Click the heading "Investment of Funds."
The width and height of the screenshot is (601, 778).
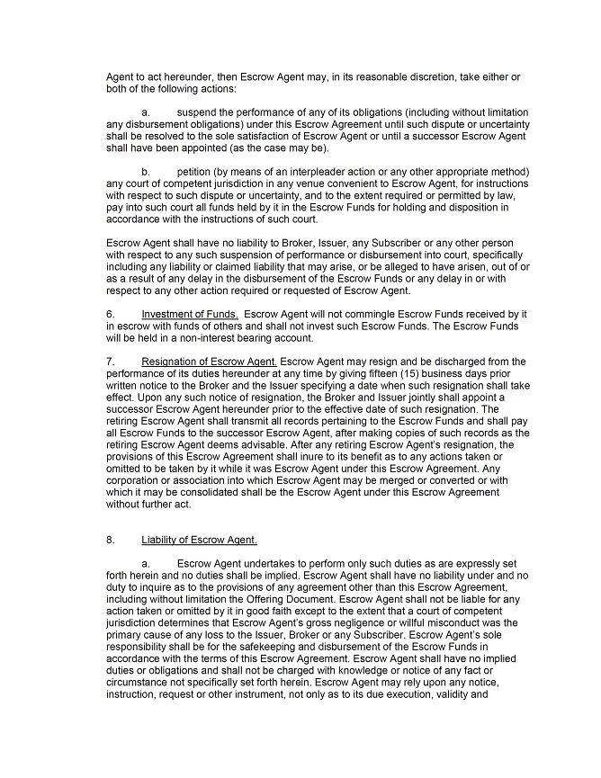(189, 313)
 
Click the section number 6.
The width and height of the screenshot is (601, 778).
(110, 313)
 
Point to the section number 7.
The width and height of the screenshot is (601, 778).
(110, 362)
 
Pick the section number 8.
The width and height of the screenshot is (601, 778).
(110, 540)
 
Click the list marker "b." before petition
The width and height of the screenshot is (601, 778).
(146, 171)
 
